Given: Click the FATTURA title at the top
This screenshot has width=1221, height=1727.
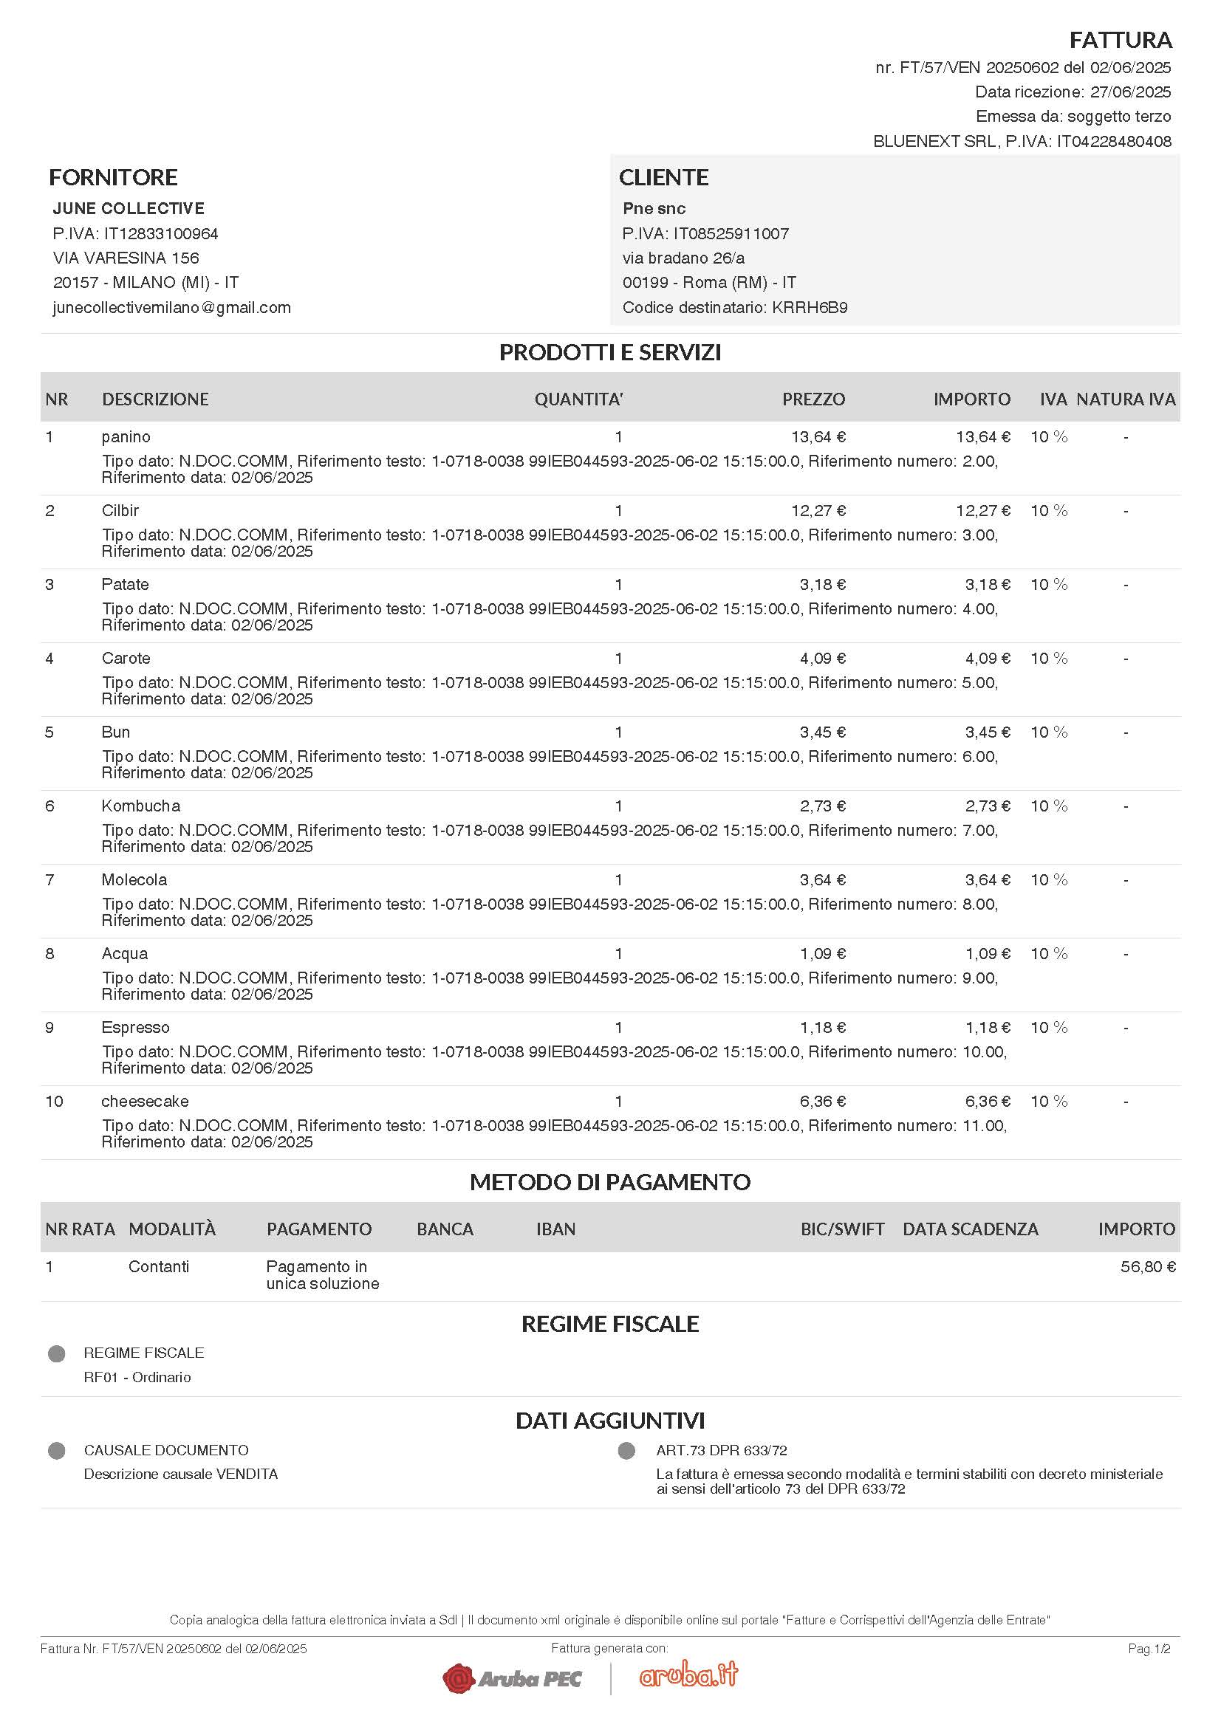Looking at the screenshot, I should click(x=1121, y=39).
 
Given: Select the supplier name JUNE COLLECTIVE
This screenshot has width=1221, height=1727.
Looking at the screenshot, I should click(x=129, y=208).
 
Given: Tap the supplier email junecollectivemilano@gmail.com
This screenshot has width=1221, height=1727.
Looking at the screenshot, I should click(x=171, y=308).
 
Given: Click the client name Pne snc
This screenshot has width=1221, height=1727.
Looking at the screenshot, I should click(x=654, y=208).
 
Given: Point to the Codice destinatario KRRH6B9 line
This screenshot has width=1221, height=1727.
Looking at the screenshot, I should click(x=734, y=308).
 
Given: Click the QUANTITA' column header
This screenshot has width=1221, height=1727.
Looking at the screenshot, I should click(x=578, y=399).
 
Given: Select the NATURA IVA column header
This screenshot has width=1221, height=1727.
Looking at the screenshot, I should click(x=1126, y=399).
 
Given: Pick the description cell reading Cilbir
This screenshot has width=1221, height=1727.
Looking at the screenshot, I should click(x=120, y=511).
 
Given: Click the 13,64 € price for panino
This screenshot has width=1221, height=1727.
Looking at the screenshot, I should click(x=818, y=437).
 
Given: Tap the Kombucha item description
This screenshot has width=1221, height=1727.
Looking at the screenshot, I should click(x=140, y=806).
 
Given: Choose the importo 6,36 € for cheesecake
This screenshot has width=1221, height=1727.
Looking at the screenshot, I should click(x=987, y=1101).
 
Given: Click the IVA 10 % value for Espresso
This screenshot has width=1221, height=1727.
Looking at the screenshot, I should click(x=1049, y=1028).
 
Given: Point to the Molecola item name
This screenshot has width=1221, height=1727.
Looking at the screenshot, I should click(x=134, y=880).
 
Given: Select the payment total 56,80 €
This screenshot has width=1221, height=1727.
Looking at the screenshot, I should click(x=1147, y=1267).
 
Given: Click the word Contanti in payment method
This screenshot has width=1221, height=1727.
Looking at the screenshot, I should click(x=159, y=1267).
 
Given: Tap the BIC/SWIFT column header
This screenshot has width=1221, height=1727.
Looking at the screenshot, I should click(x=842, y=1229).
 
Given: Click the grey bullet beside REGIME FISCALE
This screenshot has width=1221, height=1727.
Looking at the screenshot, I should click(x=56, y=1354).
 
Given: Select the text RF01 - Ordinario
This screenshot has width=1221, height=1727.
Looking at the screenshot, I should click(x=137, y=1377).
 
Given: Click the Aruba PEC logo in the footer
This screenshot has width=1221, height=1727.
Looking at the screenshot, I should click(x=513, y=1678).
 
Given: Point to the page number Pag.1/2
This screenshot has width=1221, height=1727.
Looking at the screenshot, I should click(x=1149, y=1649).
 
